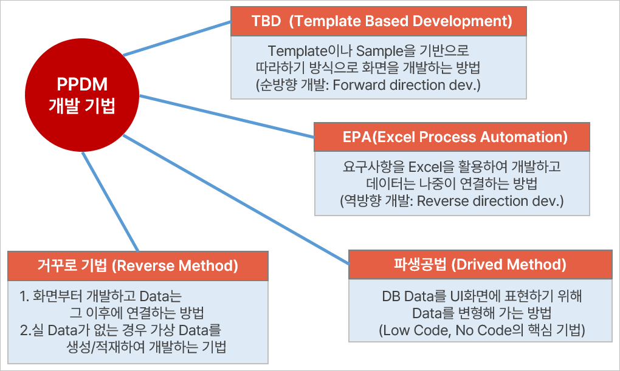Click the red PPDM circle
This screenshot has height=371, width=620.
click(x=82, y=95)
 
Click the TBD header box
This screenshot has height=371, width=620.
click(x=379, y=21)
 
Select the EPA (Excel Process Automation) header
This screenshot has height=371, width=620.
click(x=452, y=137)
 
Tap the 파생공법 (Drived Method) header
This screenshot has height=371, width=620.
click(x=480, y=264)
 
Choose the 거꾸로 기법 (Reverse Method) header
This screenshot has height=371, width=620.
click(x=138, y=266)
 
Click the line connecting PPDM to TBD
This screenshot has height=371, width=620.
click(x=177, y=38)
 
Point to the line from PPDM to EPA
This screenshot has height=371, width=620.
click(x=227, y=116)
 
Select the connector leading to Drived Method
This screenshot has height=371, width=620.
click(x=236, y=200)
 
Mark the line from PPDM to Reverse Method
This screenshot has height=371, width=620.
click(x=110, y=202)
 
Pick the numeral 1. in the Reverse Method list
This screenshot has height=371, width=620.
click(x=24, y=296)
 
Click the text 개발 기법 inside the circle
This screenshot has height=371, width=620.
click(x=82, y=106)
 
